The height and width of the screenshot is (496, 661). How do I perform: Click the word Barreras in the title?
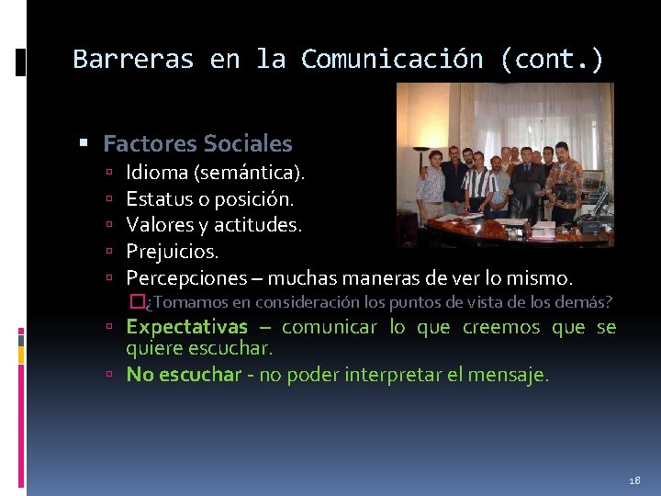coord(133,60)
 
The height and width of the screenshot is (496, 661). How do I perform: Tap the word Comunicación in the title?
coord(392,60)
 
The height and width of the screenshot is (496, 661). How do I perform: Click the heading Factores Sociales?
coord(197,144)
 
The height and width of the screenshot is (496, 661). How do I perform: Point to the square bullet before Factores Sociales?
coord(84,144)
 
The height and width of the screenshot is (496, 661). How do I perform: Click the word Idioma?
coord(156,172)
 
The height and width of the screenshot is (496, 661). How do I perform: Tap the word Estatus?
coord(158,198)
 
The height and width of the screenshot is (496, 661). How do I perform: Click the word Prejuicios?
coord(173,251)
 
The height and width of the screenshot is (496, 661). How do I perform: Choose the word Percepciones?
coord(186,277)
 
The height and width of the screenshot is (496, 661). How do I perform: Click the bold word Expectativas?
coord(186,328)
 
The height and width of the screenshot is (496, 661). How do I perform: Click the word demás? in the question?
coord(586,302)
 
